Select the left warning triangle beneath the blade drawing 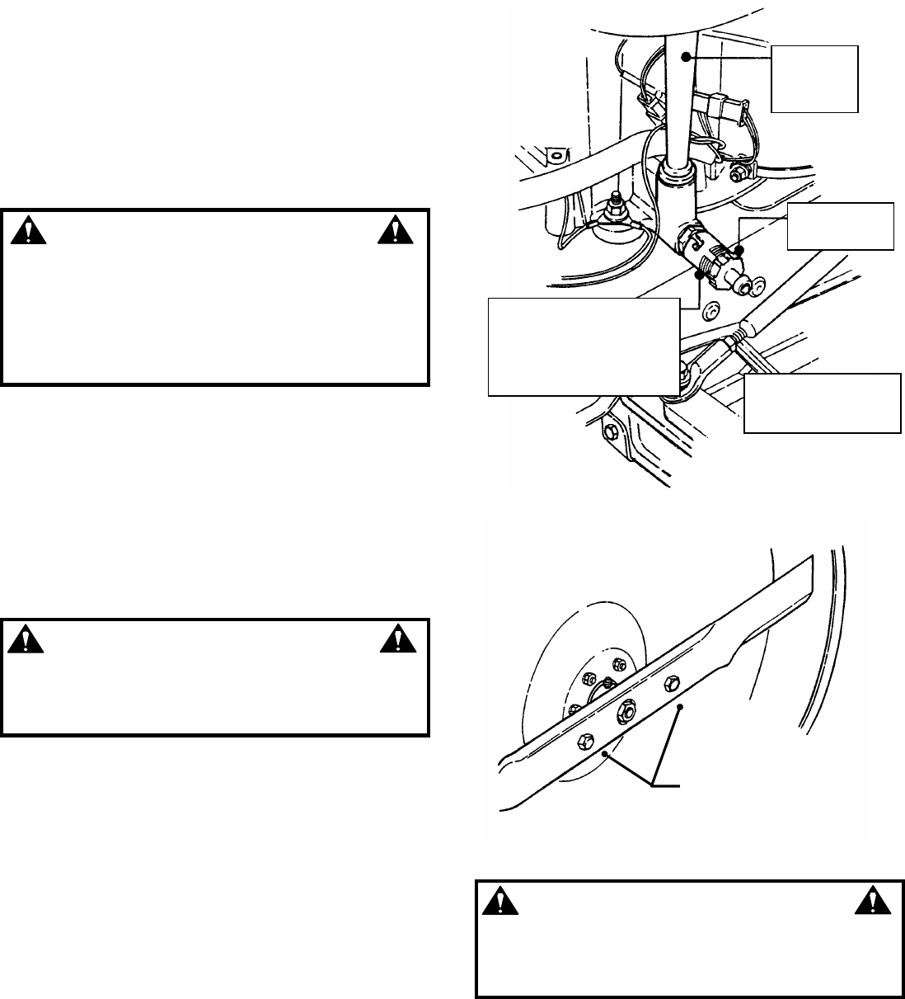click(496, 902)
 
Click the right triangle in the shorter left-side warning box click(396, 638)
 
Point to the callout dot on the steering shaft click(684, 58)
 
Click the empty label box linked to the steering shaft click(814, 78)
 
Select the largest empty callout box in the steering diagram click(584, 346)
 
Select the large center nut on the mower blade click(626, 709)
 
